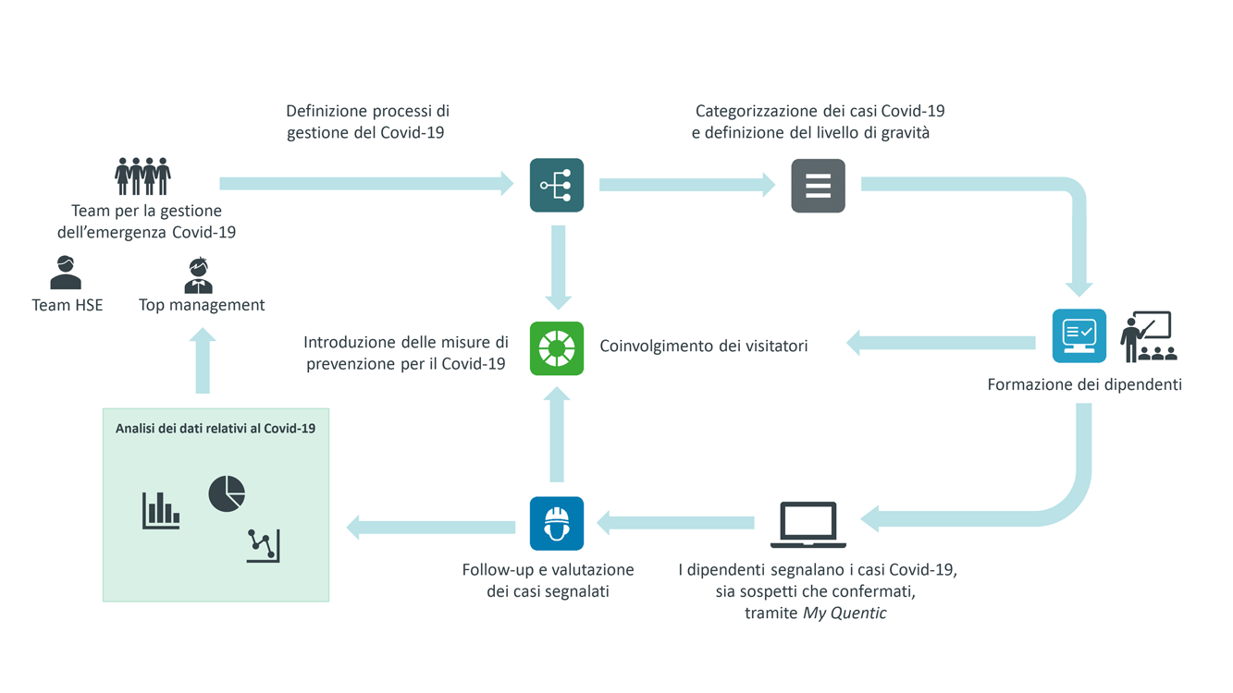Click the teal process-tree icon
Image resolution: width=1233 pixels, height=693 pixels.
tap(557, 186)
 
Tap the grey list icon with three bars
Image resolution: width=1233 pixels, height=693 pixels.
tap(818, 186)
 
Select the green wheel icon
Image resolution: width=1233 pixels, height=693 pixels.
tap(557, 348)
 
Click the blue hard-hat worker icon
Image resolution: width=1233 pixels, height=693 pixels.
tap(557, 524)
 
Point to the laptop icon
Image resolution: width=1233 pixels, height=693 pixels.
tap(808, 525)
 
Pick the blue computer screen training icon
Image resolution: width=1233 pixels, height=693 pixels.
tap(1079, 336)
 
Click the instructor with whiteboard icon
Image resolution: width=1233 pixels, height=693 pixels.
tap(1148, 336)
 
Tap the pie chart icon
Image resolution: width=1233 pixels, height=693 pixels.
tap(227, 494)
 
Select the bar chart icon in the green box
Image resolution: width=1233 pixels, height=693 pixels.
tap(161, 511)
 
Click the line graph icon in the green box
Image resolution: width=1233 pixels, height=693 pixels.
tap(263, 545)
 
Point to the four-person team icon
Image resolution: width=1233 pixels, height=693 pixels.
tap(142, 176)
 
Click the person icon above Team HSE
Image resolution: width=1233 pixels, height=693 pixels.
tap(66, 273)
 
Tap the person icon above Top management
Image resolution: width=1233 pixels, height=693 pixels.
tap(199, 275)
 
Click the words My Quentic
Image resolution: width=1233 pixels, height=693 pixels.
tap(845, 613)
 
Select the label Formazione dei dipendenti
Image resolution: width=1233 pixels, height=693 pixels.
tap(1084, 383)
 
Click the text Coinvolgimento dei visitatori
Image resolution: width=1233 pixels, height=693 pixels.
tap(704, 346)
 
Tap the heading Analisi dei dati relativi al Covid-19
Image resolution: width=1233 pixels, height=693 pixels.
tap(216, 429)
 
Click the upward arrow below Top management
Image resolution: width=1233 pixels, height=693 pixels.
tap(203, 360)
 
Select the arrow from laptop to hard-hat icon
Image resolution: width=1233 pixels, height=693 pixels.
tap(675, 522)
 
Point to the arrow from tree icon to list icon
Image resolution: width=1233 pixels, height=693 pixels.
tap(687, 185)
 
